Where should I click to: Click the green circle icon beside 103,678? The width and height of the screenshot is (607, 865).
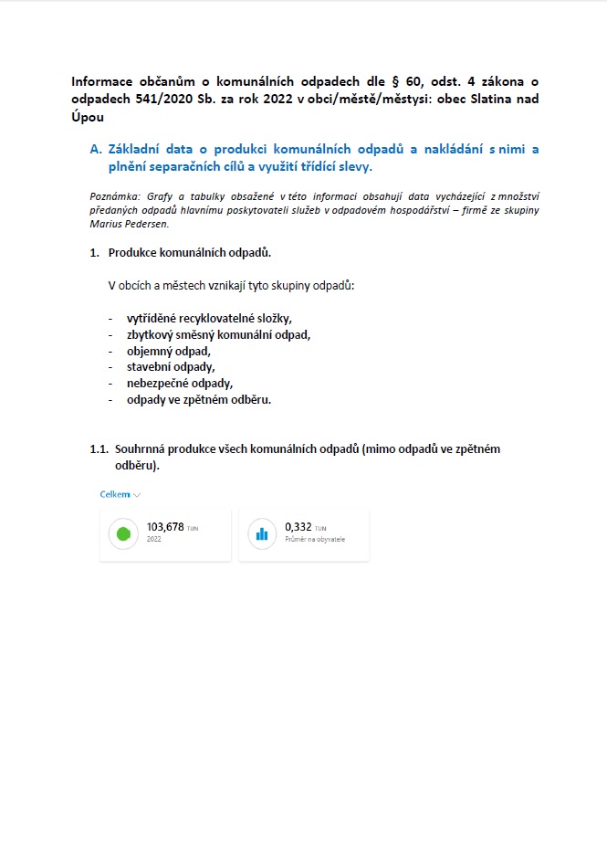(123, 533)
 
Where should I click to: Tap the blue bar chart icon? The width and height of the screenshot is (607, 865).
(262, 533)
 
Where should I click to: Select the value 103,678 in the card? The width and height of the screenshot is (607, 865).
(165, 527)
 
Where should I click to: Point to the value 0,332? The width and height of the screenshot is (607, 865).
(298, 527)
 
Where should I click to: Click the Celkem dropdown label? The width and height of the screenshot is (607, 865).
(115, 494)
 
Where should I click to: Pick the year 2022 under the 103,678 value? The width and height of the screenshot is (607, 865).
(154, 540)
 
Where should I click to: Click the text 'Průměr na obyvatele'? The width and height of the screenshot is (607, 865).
(315, 540)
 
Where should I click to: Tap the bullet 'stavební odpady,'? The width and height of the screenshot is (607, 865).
(171, 367)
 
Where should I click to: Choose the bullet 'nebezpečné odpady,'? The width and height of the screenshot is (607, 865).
(180, 384)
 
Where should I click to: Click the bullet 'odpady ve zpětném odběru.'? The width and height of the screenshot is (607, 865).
(199, 399)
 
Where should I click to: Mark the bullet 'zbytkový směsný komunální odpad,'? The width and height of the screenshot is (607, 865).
(218, 334)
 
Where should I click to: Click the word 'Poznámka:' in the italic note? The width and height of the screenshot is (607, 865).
(115, 196)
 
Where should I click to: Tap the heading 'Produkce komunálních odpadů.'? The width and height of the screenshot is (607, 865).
(189, 252)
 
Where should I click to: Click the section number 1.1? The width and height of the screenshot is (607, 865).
(99, 449)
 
